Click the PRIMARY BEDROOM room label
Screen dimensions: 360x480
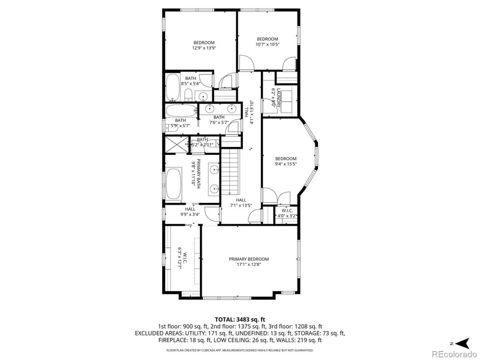click(248, 259)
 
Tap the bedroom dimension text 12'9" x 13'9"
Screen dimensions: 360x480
click(203, 48)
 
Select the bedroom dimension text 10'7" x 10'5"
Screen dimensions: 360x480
click(267, 44)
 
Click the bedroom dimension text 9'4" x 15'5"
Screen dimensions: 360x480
click(286, 164)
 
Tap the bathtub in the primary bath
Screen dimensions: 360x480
click(174, 184)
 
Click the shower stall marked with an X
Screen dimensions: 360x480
click(175, 143)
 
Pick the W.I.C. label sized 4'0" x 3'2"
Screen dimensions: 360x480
click(286, 213)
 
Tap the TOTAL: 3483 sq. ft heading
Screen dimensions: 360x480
click(240, 319)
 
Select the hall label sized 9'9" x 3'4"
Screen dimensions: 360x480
click(190, 211)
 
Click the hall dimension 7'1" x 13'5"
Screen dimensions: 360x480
click(241, 205)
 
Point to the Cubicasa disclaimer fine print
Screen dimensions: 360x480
click(240, 349)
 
